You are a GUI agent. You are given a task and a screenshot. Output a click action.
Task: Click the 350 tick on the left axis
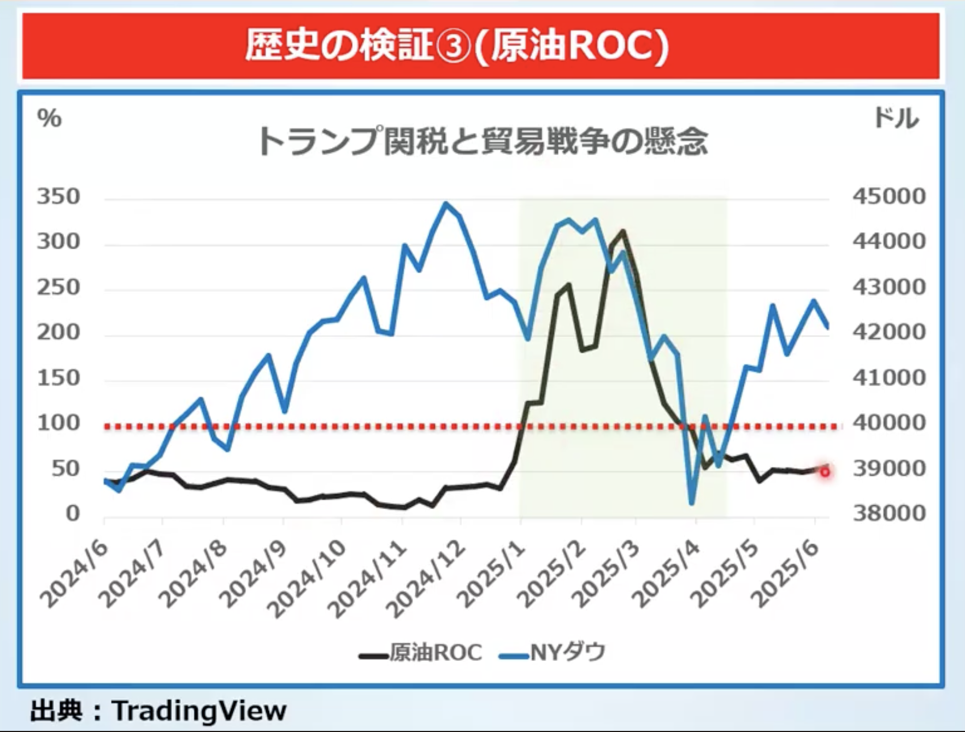pos(58,197)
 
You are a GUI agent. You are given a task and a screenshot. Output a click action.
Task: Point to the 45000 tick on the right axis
pos(889,197)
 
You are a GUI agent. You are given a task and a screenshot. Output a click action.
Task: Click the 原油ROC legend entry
pos(421,652)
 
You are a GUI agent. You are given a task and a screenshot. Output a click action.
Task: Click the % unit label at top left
pos(50,119)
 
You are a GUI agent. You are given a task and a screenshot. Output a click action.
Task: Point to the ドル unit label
pos(896,119)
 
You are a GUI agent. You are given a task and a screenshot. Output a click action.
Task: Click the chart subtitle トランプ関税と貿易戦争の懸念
pos(482,141)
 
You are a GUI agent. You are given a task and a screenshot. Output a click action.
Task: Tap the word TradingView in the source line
pos(199,711)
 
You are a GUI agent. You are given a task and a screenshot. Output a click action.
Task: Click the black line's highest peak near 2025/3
pos(623,232)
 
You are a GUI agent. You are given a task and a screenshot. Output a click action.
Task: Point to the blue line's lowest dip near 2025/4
pos(692,503)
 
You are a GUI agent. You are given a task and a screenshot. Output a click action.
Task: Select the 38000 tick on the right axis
pos(889,513)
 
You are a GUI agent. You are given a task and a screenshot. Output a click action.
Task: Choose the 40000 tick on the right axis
pos(889,423)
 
